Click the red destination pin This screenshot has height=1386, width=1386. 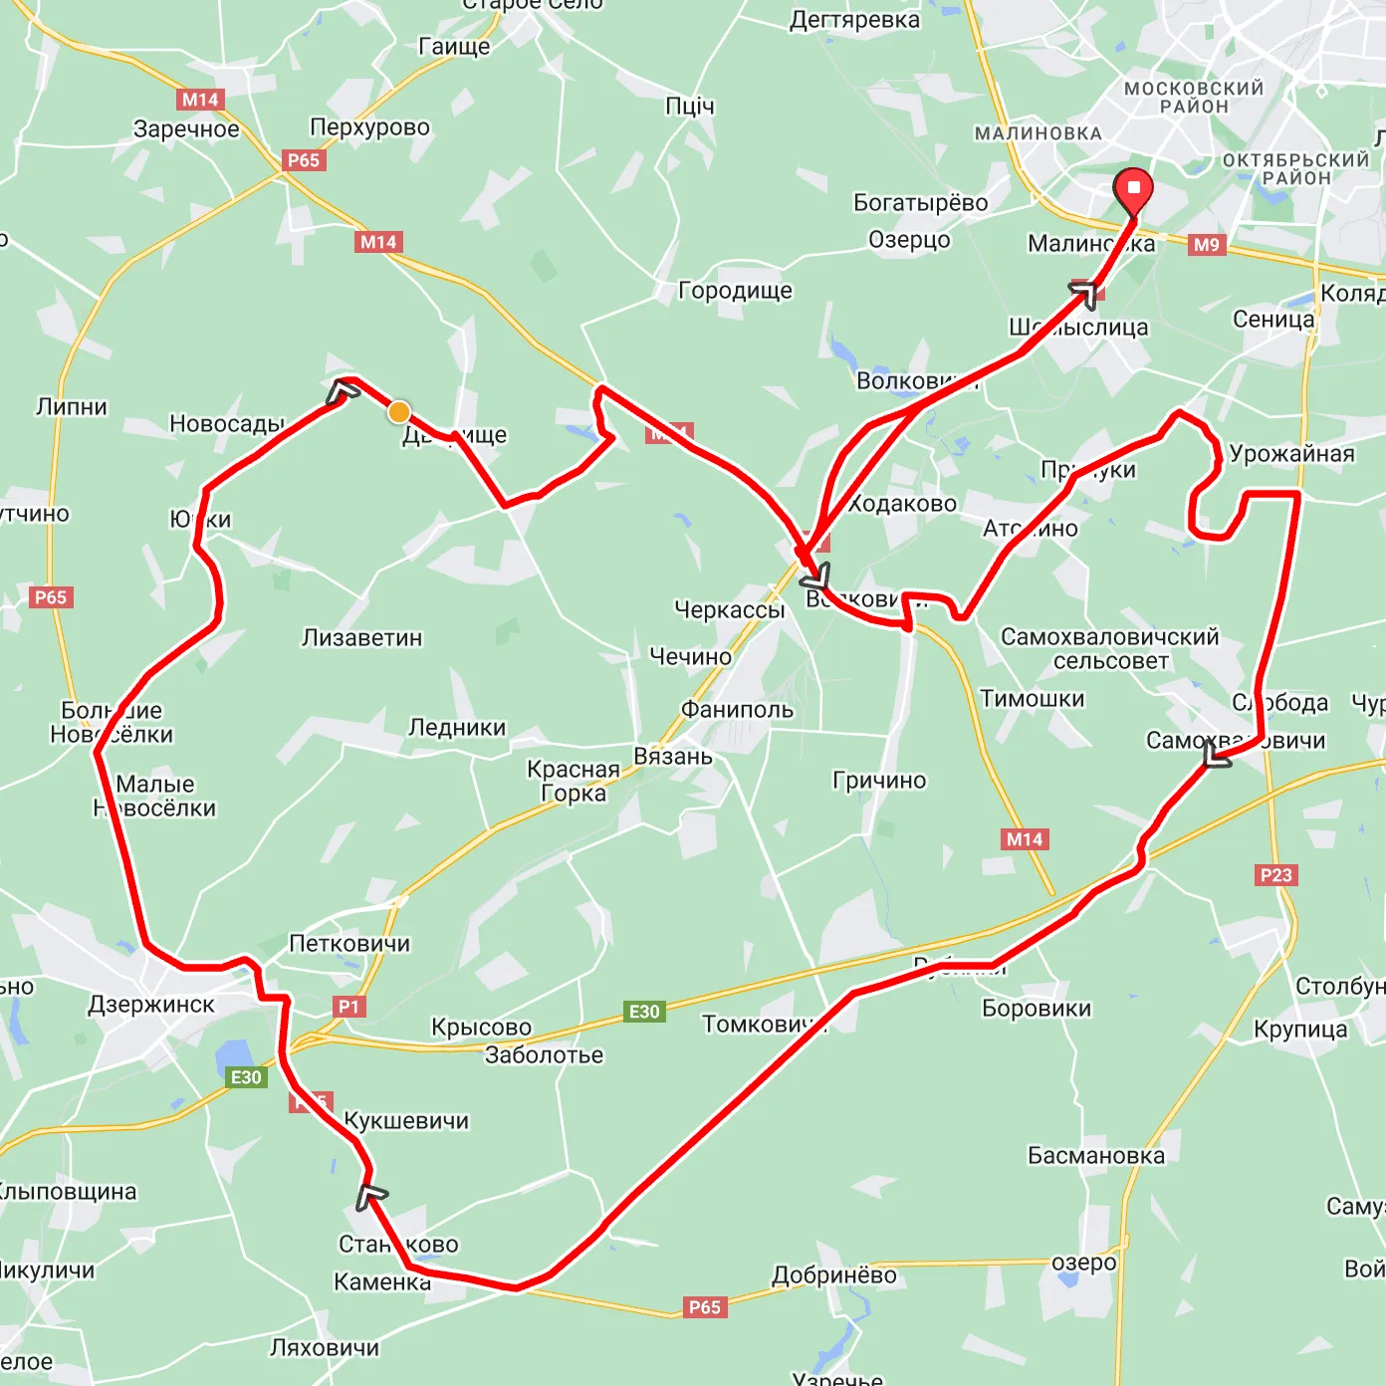tap(1133, 189)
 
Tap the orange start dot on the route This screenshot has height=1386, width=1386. tap(399, 412)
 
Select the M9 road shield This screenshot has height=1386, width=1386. tap(1206, 244)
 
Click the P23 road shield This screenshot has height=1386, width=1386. tap(1275, 875)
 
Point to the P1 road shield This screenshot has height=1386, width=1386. tap(348, 1007)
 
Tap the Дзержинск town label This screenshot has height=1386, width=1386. tap(151, 1005)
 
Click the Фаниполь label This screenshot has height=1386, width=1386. tap(737, 709)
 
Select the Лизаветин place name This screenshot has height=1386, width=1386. tap(362, 637)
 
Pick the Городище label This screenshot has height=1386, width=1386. tap(735, 291)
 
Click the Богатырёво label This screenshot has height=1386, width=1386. tap(920, 203)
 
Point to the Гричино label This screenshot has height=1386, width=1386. tap(879, 781)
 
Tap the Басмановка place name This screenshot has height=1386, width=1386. tap(1096, 1156)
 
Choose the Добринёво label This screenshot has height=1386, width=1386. tap(834, 1275)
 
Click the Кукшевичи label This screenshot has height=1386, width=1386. tap(406, 1121)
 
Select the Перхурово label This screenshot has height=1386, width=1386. tap(369, 127)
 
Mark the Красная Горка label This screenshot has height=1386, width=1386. tap(574, 782)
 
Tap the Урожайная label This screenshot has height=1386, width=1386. tap(1291, 454)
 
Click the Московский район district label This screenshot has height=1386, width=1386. tap(1194, 97)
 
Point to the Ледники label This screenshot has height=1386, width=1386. tap(457, 728)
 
